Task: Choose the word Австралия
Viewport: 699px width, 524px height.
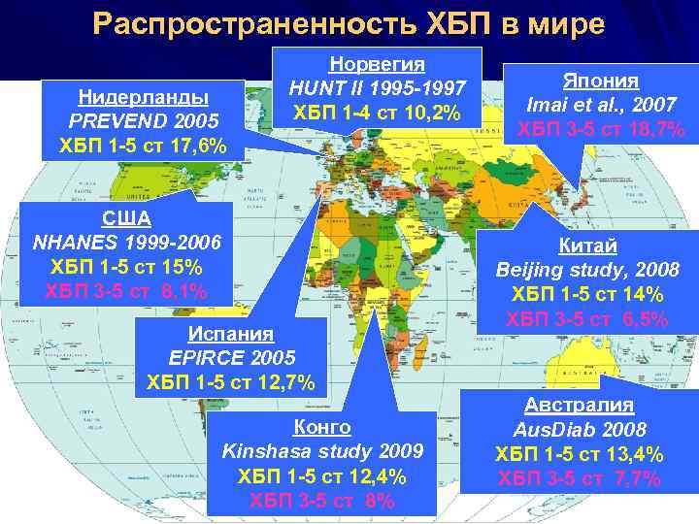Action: (x=580, y=405)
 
